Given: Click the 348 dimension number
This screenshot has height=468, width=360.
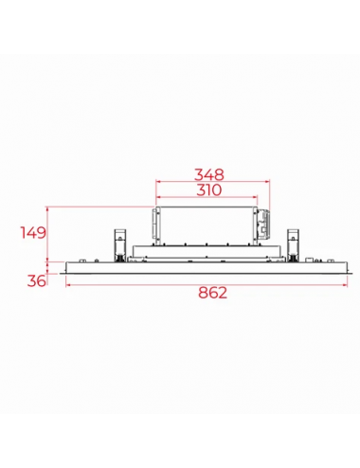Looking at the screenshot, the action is coord(209,174).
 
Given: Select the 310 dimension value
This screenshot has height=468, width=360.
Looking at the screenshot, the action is coord(209,190).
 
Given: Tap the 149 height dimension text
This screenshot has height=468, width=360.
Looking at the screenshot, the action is coord(33,233).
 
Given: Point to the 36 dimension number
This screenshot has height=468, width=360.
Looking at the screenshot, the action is coord(36,280).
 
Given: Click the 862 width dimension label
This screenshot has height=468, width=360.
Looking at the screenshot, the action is coord(212,293).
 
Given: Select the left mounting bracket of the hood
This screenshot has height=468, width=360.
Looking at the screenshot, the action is coord(120,245).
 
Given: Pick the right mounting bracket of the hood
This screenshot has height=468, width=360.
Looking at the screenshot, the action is coord(293,245).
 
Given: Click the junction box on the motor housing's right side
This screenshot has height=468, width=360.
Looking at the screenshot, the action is coord(263,225).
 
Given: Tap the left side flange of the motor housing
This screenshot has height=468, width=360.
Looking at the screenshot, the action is coord(155,224).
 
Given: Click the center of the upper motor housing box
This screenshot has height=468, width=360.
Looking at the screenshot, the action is coord(207,225).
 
